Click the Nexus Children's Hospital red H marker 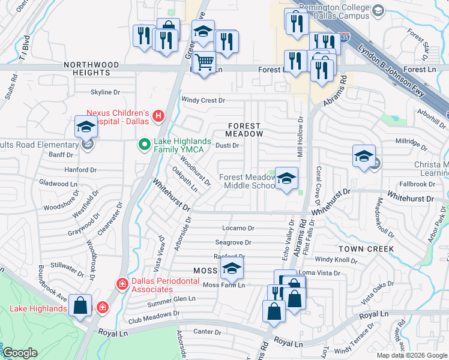[158, 115]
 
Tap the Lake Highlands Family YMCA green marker [144, 145]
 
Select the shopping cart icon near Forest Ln [205, 62]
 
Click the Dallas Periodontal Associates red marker [122, 283]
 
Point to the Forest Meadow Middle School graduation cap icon [286, 178]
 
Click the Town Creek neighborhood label [366, 248]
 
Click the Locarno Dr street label [238, 228]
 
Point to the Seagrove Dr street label [234, 242]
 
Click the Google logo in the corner [20, 353]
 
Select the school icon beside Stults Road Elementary [85, 127]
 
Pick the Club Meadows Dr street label [154, 316]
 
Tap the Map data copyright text [412, 355]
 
